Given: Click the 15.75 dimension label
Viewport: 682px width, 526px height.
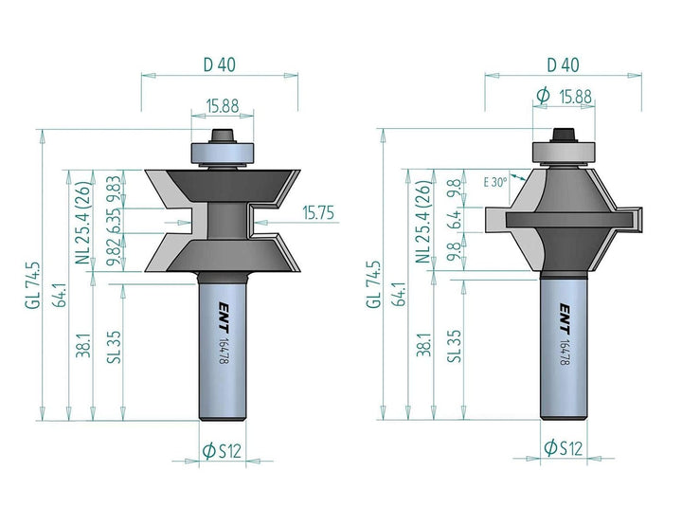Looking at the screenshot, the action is [318, 213].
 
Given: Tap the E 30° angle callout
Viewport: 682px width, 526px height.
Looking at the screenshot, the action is [495, 182].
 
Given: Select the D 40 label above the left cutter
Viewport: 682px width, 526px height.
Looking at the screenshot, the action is [220, 64].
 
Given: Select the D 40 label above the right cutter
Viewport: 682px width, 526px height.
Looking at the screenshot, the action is [564, 64].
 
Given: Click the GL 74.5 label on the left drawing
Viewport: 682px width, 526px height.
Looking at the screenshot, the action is [32, 285].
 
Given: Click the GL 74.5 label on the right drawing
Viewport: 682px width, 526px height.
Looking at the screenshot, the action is [373, 285].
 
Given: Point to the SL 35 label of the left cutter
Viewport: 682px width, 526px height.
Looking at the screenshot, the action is [114, 347].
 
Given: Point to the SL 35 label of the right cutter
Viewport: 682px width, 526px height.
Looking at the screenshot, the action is [454, 346].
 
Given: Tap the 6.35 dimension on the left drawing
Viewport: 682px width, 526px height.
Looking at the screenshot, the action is [113, 221].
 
